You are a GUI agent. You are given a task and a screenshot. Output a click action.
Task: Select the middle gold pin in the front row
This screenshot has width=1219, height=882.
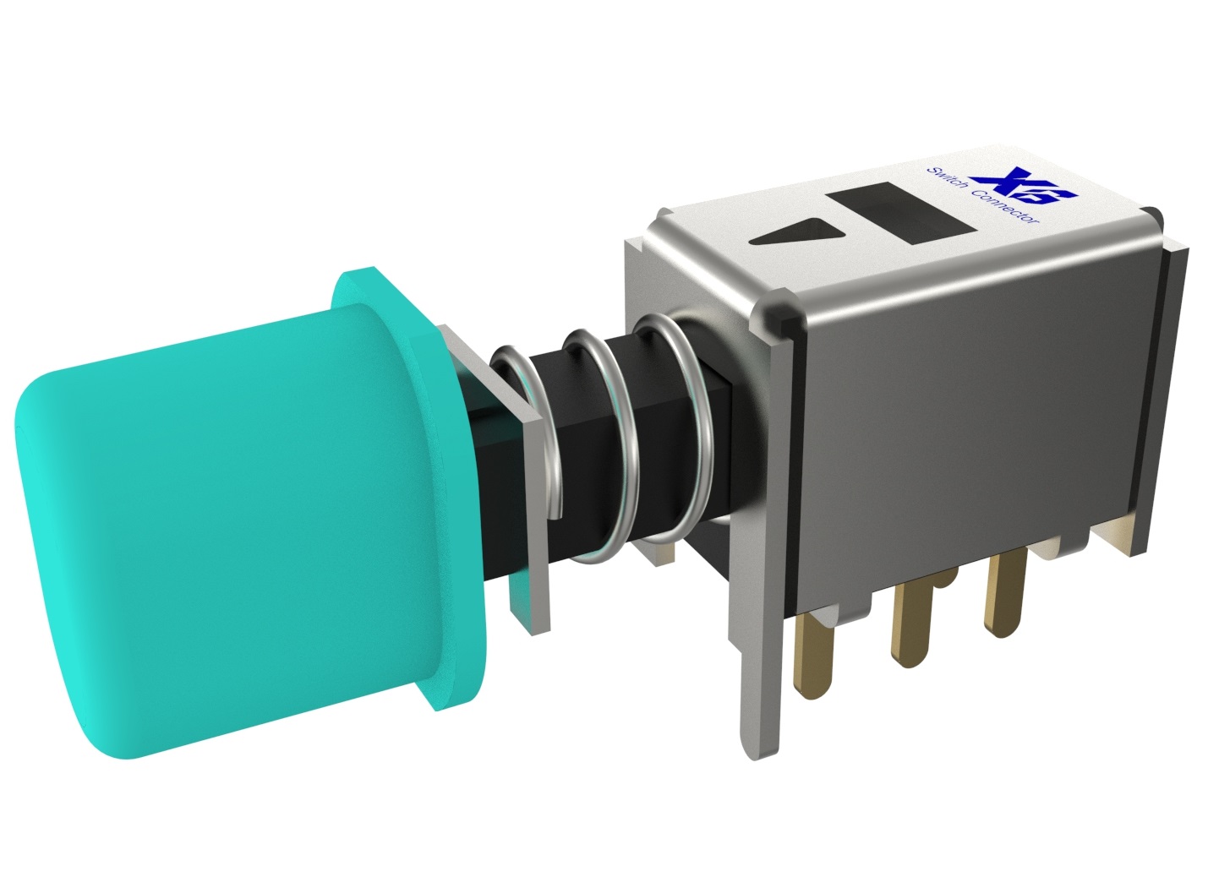911,625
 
